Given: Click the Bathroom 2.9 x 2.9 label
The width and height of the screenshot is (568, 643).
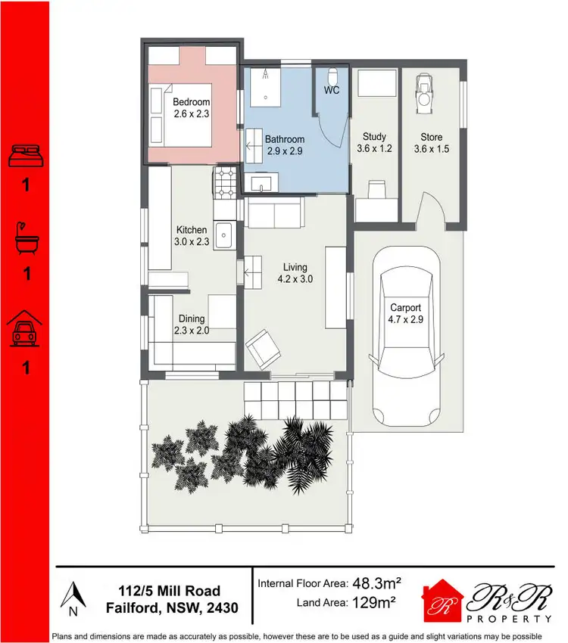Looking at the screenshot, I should pos(284,144).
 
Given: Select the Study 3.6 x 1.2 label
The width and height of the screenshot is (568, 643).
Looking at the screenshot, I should pos(375,143).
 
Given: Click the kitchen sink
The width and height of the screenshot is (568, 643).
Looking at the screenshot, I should pos(225,236).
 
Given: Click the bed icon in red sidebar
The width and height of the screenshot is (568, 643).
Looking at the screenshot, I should pos(26,156).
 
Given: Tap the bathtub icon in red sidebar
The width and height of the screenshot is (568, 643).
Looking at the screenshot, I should pos(26,237).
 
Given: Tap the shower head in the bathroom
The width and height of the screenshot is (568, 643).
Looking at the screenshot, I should pos(266,75).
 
